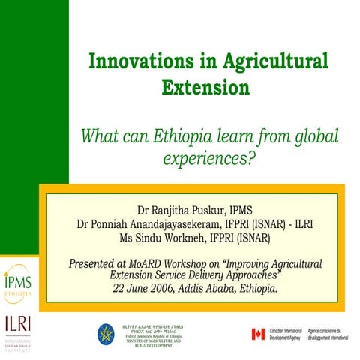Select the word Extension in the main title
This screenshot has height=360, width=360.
coord(205,87)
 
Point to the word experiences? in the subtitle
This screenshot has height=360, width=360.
coord(205,159)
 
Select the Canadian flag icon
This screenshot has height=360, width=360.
coord(259,332)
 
